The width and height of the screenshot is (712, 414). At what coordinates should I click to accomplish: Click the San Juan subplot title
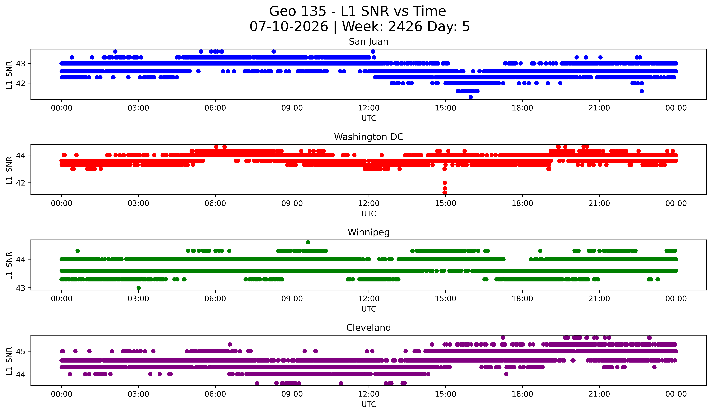click(368, 42)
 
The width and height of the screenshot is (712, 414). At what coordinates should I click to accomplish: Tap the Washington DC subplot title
click(368, 137)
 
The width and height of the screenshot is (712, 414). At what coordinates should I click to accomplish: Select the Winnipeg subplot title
click(368, 232)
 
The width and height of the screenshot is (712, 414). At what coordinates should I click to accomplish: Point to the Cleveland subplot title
click(368, 328)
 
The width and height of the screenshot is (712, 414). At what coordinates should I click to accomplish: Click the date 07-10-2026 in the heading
click(289, 27)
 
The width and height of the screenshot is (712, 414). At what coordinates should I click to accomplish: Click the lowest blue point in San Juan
click(470, 97)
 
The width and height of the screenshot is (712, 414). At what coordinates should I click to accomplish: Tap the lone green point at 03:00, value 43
click(138, 288)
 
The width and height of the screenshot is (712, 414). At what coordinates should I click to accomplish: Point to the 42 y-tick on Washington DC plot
click(20, 183)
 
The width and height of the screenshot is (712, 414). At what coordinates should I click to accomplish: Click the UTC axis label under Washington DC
click(368, 214)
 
